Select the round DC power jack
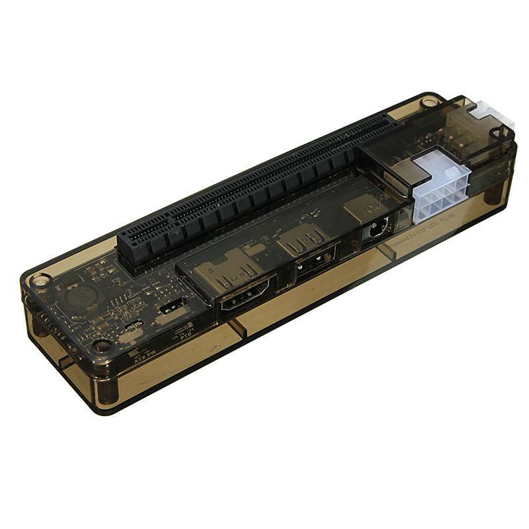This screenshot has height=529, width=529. (x=376, y=231)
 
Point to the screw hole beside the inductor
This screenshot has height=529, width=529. (x=41, y=280)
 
